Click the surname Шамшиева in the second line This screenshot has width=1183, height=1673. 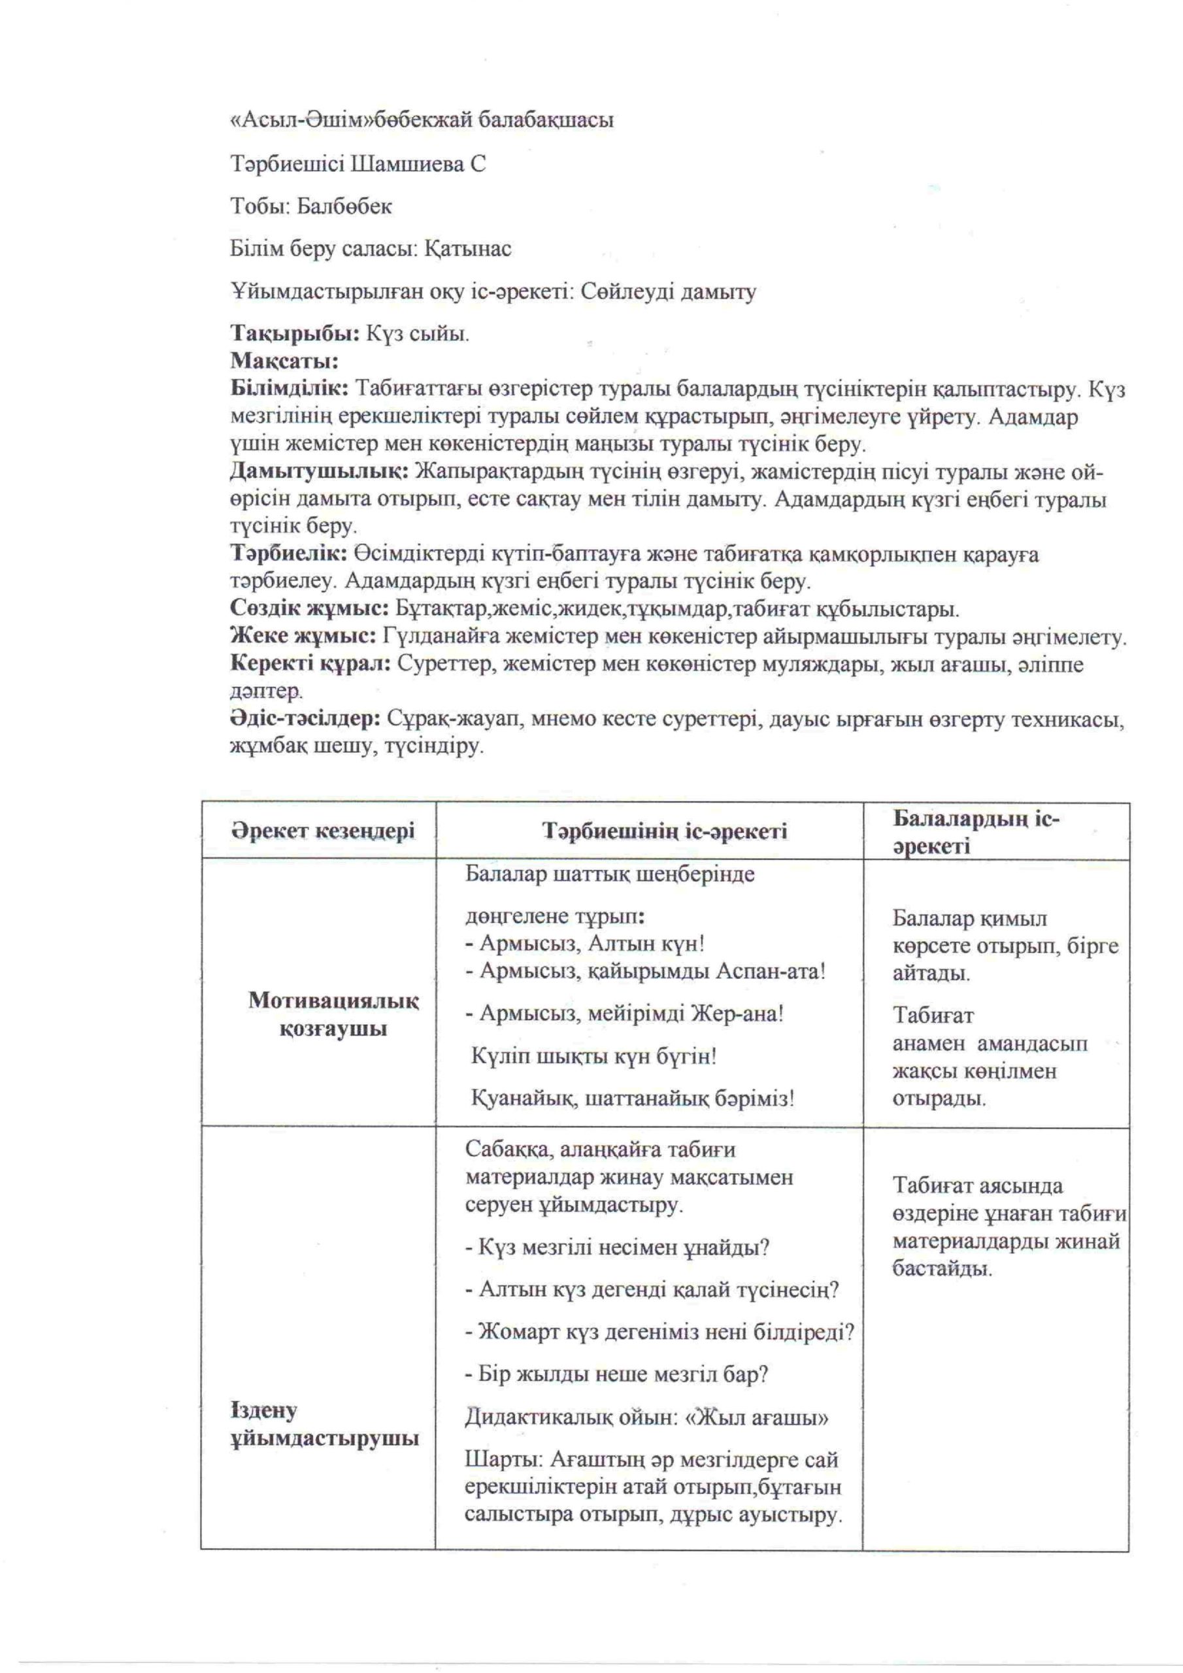pos(406,165)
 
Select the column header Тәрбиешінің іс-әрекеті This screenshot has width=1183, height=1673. pos(664,831)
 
